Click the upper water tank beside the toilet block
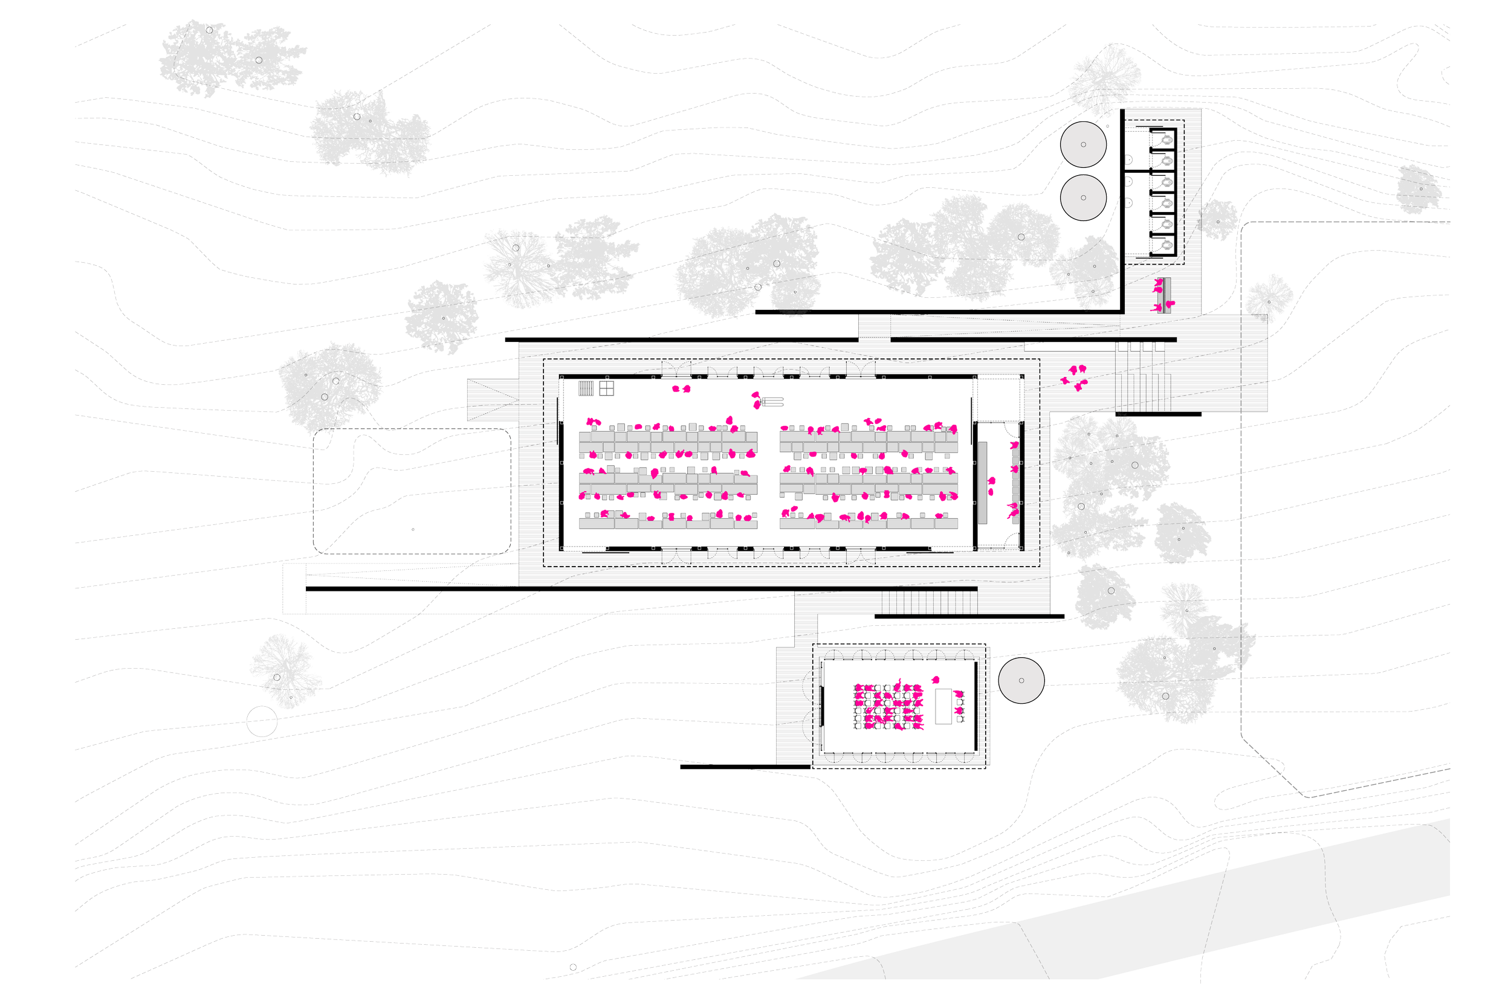(x=1083, y=144)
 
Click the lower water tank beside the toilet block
(x=1083, y=198)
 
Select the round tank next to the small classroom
(x=1021, y=681)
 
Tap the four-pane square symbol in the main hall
(x=606, y=388)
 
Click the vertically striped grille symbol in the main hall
(x=586, y=388)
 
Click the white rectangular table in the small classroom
(x=943, y=706)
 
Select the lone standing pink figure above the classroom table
(x=936, y=680)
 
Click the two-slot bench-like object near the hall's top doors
(x=772, y=403)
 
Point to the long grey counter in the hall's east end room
(x=982, y=482)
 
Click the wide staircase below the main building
(x=928, y=602)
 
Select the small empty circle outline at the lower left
(x=262, y=722)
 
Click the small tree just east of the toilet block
(x=1217, y=220)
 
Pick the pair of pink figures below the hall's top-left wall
(x=681, y=388)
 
